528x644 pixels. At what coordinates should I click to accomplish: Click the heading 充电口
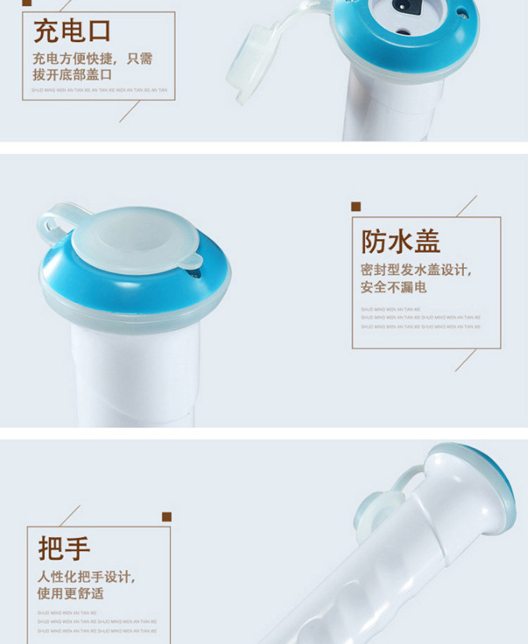[73, 32]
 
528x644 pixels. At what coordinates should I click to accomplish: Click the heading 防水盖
[401, 242]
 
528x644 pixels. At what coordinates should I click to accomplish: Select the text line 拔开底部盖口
[72, 75]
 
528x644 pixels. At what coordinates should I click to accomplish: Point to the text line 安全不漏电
[394, 287]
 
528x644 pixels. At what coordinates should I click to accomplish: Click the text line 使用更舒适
[70, 593]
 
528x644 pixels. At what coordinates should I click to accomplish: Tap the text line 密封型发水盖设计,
[415, 270]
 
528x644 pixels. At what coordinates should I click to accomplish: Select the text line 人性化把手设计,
[86, 577]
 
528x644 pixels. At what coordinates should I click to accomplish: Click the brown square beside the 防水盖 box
[356, 207]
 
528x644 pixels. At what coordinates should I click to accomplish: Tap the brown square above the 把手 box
[166, 517]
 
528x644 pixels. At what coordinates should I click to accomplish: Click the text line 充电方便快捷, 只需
[92, 58]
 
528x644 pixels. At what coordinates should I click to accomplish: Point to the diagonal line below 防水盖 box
[465, 360]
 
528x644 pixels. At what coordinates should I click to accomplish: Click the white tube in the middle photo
[134, 373]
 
